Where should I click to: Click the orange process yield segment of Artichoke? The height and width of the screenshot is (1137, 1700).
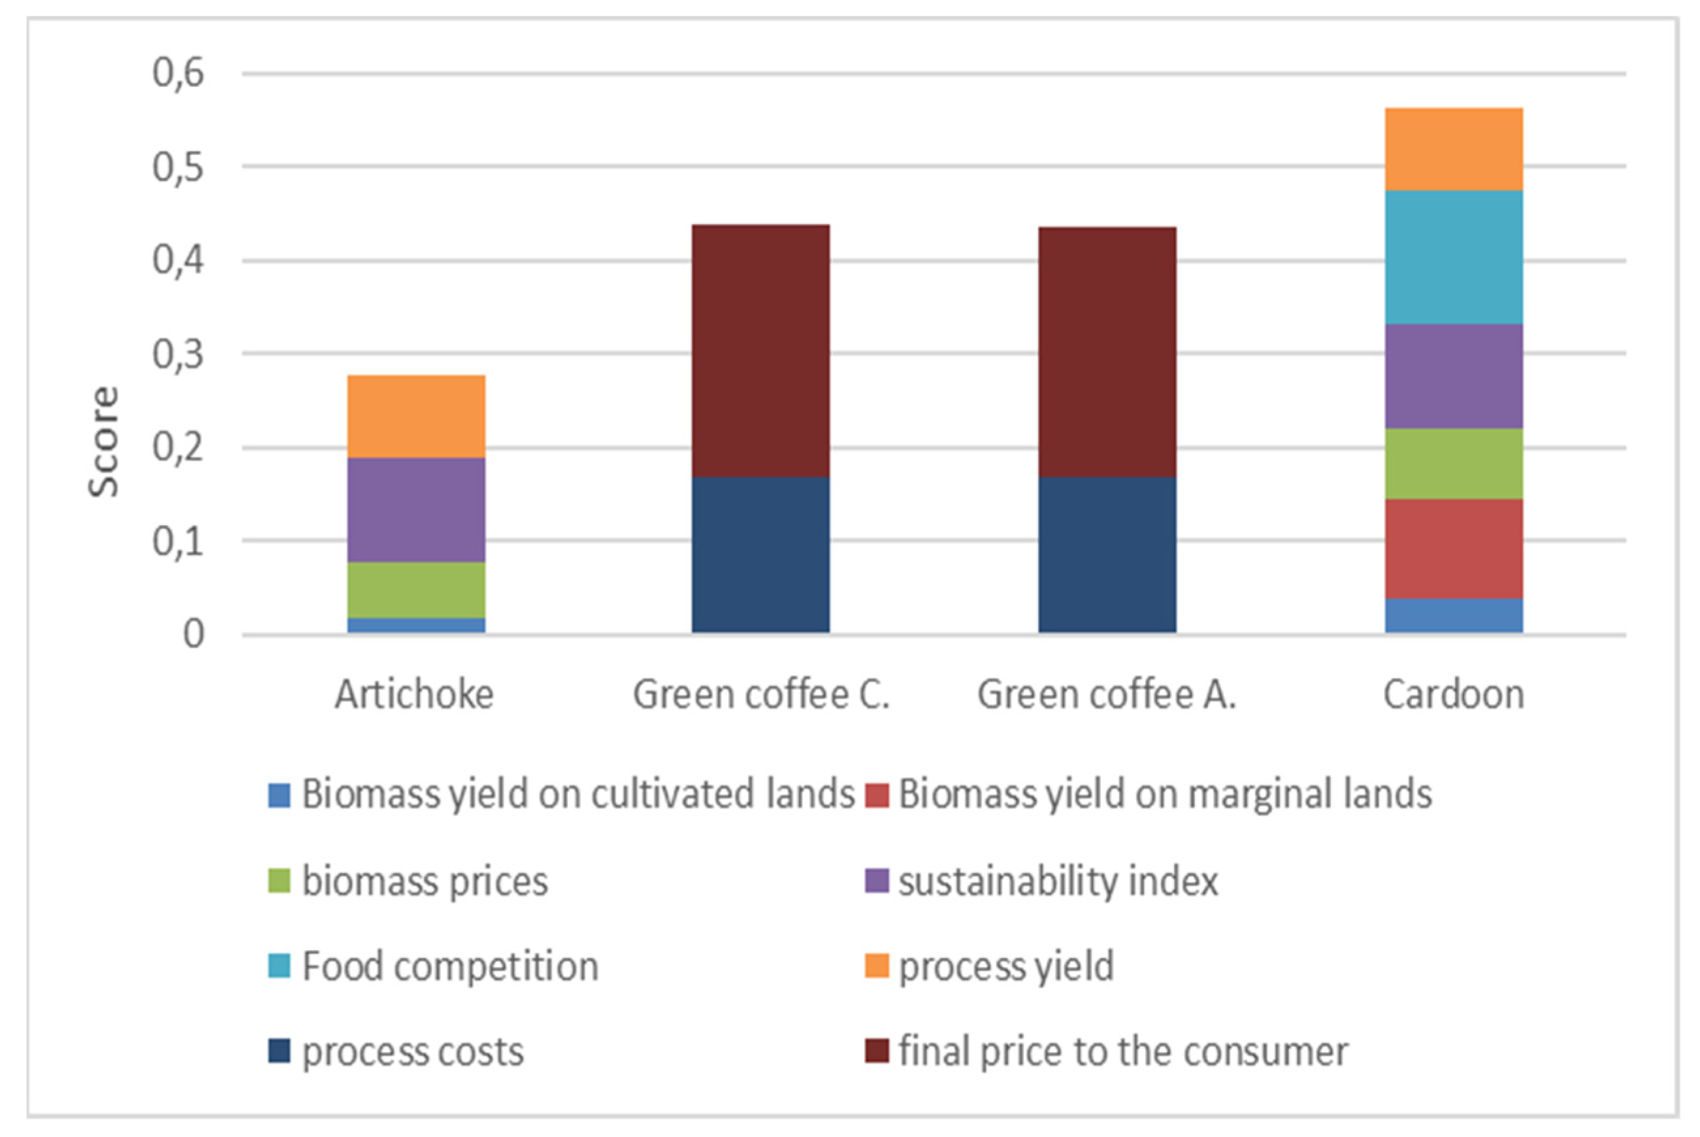pyautogui.click(x=416, y=416)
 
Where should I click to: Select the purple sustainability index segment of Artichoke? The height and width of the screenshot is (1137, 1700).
pyautogui.click(x=416, y=510)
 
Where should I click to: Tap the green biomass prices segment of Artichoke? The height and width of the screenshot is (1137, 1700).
pyautogui.click(x=416, y=590)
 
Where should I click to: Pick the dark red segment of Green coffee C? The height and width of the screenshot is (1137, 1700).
pyautogui.click(x=760, y=350)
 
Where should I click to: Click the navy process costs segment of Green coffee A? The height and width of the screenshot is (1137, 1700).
pyautogui.click(x=1107, y=554)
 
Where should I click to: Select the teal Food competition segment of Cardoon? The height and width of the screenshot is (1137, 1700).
pyautogui.click(x=1454, y=257)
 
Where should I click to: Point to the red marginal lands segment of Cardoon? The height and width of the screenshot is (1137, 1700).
pyautogui.click(x=1454, y=549)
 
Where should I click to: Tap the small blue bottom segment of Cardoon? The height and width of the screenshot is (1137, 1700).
pyautogui.click(x=1454, y=616)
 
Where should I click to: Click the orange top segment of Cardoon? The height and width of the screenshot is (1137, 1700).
pyautogui.click(x=1454, y=150)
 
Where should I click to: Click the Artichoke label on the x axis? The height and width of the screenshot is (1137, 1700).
pyautogui.click(x=414, y=695)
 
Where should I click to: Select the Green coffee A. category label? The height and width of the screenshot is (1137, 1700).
pyautogui.click(x=1106, y=695)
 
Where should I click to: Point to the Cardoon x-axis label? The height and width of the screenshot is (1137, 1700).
pyautogui.click(x=1454, y=695)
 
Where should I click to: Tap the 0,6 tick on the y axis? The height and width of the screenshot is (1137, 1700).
pyautogui.click(x=178, y=72)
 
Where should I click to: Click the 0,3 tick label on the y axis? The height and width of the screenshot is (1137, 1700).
pyautogui.click(x=178, y=354)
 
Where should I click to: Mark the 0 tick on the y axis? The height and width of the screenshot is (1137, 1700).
pyautogui.click(x=193, y=635)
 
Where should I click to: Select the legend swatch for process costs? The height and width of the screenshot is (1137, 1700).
pyautogui.click(x=279, y=1051)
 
